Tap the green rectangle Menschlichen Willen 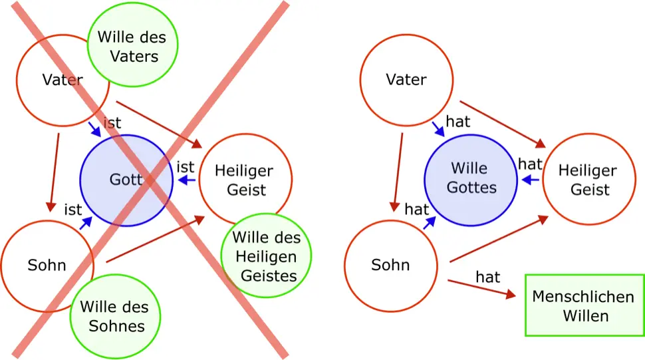coord(585,305)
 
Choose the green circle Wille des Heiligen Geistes coord(265,256)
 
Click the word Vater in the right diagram coord(406,80)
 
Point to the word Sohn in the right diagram coord(390,265)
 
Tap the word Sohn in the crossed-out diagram coord(47,265)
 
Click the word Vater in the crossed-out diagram coord(62,80)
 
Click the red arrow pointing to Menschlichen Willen coord(481,287)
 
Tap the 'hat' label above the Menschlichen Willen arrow coord(487,276)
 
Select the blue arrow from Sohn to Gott coord(86,224)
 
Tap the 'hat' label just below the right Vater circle coord(459,122)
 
